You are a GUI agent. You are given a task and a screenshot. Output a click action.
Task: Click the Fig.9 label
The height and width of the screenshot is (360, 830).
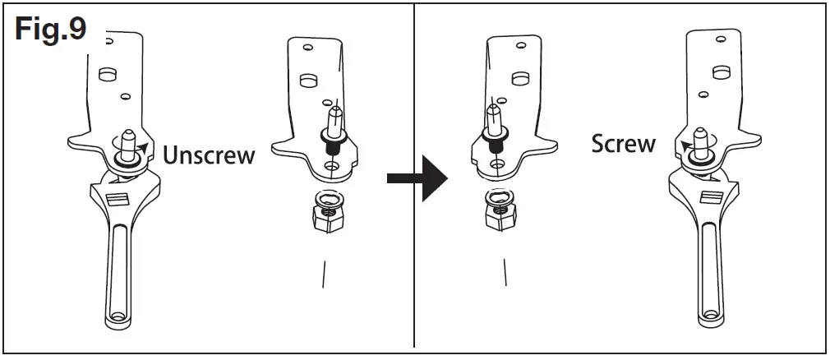tap(49, 30)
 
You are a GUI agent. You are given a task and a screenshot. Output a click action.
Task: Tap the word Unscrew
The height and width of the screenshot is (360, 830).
tap(209, 155)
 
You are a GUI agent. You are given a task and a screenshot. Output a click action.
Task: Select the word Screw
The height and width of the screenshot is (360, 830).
tap(624, 144)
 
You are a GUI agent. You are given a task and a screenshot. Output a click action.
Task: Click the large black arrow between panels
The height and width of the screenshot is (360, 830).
tap(417, 176)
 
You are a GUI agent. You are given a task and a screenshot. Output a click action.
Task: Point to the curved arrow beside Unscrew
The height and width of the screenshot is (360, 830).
tap(144, 148)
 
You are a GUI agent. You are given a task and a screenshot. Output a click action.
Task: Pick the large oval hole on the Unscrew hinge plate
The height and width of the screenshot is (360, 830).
tap(104, 73)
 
